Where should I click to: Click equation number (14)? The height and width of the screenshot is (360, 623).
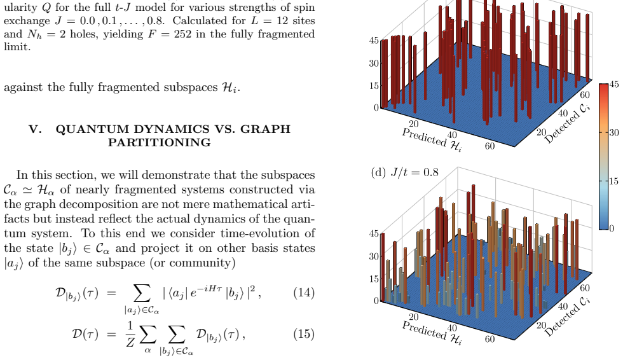click(x=304, y=293)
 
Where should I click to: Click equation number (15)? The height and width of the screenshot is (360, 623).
click(x=304, y=334)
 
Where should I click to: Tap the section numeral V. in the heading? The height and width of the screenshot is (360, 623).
click(x=35, y=129)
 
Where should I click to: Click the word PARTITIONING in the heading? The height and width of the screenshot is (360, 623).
click(x=160, y=142)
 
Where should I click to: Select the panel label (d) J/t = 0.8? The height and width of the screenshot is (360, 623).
click(x=404, y=172)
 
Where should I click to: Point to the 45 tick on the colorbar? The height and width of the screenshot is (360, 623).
click(x=614, y=84)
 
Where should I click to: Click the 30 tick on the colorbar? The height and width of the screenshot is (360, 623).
click(x=614, y=133)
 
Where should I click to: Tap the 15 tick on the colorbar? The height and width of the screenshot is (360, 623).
click(x=614, y=181)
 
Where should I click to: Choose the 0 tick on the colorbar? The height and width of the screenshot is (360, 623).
click(x=612, y=228)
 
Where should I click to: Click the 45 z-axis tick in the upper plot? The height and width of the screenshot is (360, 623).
click(x=374, y=41)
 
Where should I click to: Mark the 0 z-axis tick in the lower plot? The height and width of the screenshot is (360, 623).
click(x=376, y=301)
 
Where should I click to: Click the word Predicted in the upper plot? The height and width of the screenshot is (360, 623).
click(x=425, y=137)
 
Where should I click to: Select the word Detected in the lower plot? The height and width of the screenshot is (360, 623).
click(x=561, y=321)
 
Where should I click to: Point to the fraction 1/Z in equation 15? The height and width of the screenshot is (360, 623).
click(x=130, y=334)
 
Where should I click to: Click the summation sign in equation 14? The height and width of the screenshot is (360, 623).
click(x=142, y=293)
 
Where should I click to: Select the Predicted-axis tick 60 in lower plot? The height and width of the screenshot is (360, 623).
click(x=490, y=339)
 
